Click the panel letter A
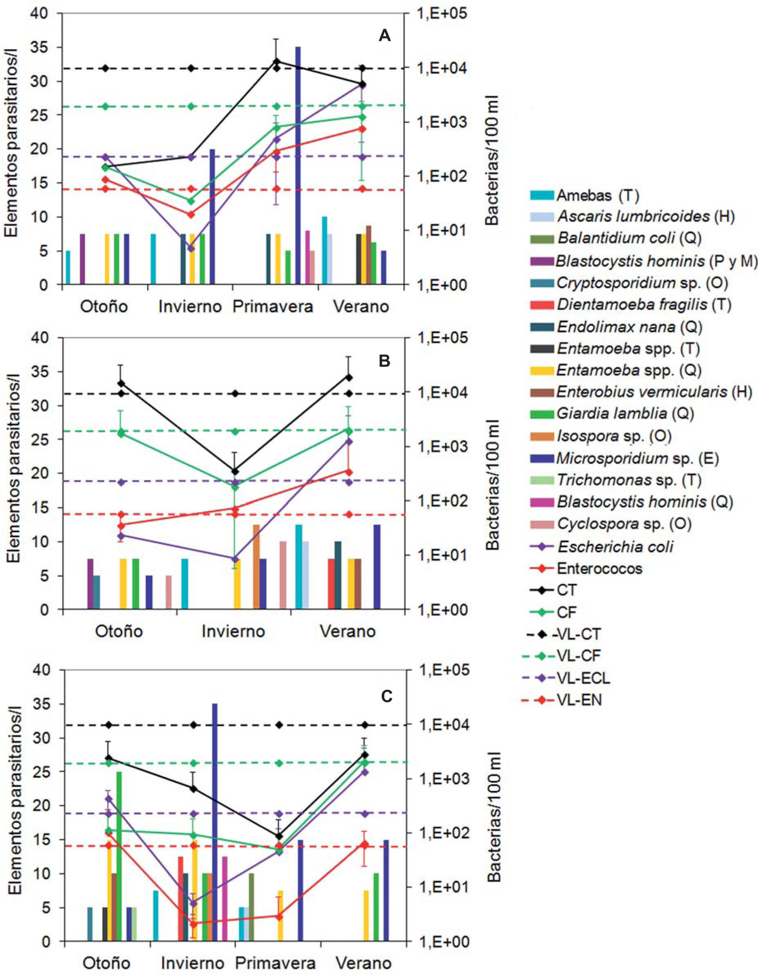[x=385, y=36]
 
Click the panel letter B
[x=385, y=361]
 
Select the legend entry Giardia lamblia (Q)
[x=625, y=413]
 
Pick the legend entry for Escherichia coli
[x=615, y=546]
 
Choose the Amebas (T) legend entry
[x=597, y=195]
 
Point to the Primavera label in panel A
[x=273, y=307]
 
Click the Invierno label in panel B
[x=233, y=632]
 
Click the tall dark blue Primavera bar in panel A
[x=298, y=165]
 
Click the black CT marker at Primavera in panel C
[x=279, y=836]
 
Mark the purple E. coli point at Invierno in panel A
[x=191, y=248]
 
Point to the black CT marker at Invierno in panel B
[x=235, y=471]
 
